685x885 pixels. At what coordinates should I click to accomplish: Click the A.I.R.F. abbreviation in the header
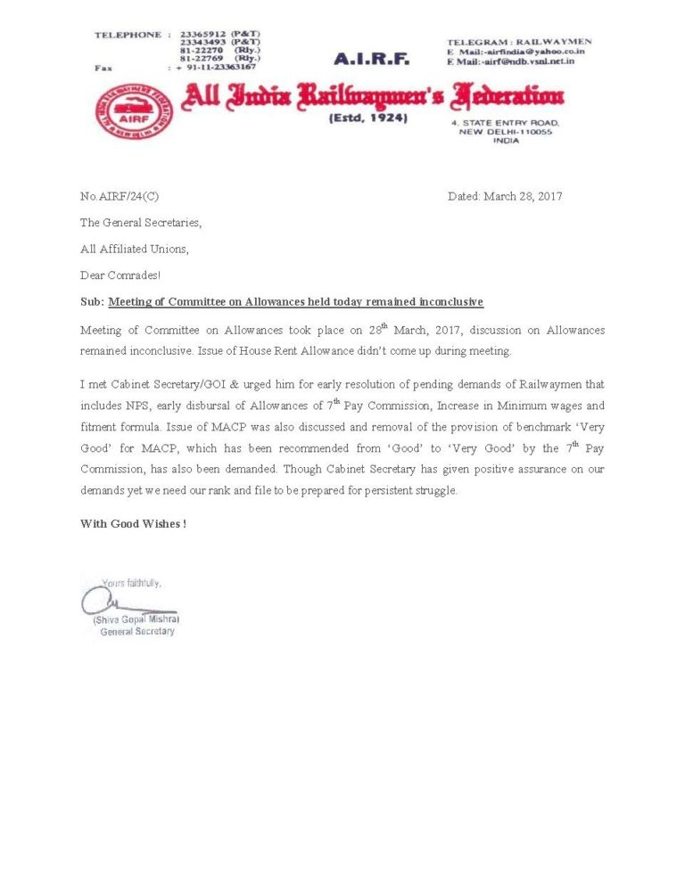pyautogui.click(x=371, y=60)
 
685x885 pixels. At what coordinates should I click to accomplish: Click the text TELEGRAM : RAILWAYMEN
pyautogui.click(x=518, y=41)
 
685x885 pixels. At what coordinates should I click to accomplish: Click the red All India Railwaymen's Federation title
pyautogui.click(x=372, y=96)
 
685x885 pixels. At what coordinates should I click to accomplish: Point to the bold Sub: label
pyautogui.click(x=92, y=302)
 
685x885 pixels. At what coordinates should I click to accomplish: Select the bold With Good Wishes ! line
pyautogui.click(x=133, y=524)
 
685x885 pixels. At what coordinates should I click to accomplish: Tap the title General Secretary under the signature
pyautogui.click(x=137, y=632)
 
